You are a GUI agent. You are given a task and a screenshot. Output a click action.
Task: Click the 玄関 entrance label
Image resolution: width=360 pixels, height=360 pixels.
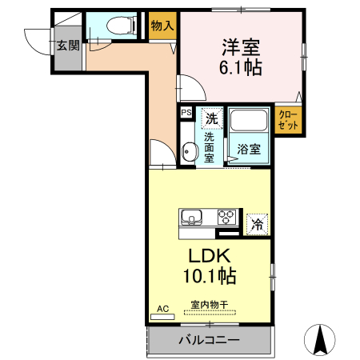[68, 46]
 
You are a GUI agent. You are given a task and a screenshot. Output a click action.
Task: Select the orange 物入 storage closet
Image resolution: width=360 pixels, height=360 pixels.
[162, 26]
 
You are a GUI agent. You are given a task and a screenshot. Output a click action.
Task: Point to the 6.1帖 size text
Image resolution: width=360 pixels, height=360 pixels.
[242, 67]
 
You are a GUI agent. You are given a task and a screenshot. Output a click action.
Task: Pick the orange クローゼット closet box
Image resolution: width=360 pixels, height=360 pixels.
[288, 121]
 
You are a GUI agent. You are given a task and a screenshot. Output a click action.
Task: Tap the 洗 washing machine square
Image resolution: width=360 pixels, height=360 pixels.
[211, 118]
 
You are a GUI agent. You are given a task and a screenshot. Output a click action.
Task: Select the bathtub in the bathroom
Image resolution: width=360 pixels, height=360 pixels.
[250, 123]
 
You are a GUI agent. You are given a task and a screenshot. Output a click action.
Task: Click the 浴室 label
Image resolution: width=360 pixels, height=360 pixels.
[249, 149]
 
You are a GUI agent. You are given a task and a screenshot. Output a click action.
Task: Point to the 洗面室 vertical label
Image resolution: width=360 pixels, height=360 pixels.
[208, 146]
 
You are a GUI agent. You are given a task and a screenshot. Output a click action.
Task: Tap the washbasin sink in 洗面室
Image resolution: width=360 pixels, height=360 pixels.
[188, 150]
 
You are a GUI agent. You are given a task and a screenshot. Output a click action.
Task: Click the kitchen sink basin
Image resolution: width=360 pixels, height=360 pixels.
[193, 218]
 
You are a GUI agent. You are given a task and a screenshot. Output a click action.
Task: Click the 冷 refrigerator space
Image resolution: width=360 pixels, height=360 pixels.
[257, 224]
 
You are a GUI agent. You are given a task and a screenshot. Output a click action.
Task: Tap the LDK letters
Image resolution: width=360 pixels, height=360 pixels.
[210, 256]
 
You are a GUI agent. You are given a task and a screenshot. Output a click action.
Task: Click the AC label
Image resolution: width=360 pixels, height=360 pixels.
[162, 308]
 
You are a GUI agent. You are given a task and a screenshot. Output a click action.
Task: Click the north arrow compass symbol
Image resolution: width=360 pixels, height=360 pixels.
[322, 340]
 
